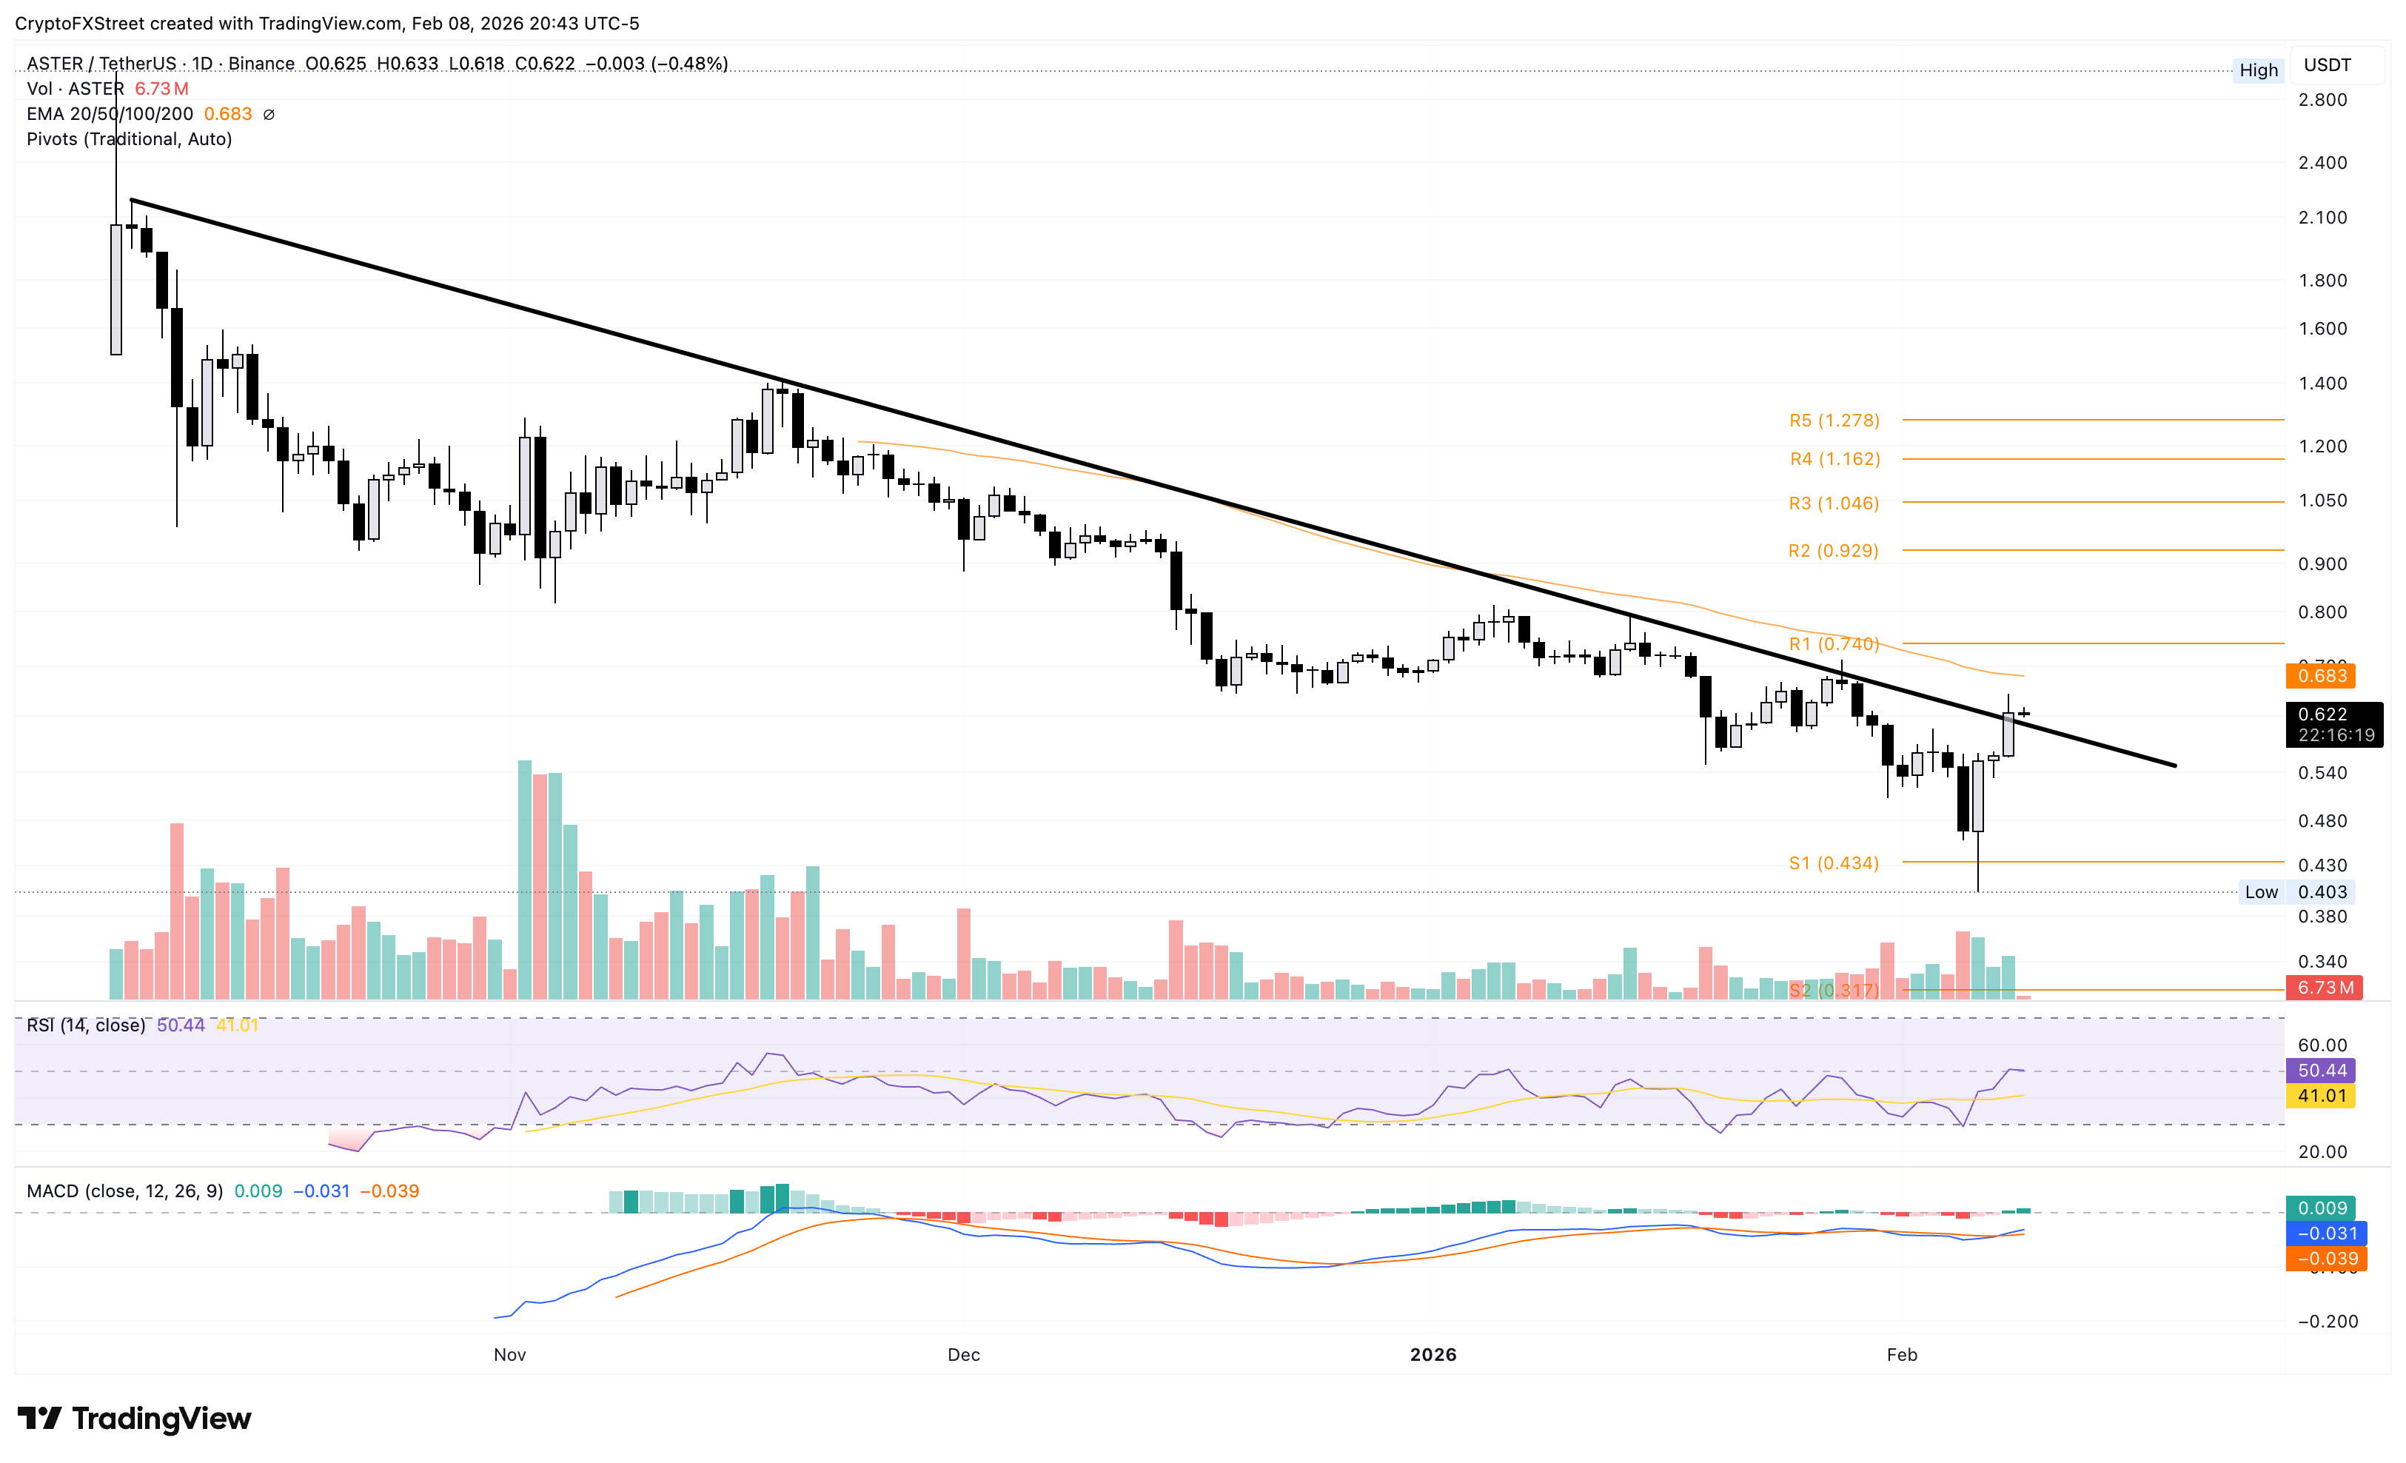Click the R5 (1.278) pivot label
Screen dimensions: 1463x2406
pyautogui.click(x=1833, y=421)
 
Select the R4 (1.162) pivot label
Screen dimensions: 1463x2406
pyautogui.click(x=1834, y=459)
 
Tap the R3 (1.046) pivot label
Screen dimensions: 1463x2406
pyautogui.click(x=1833, y=504)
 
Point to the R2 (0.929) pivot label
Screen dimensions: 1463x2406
pyautogui.click(x=1833, y=551)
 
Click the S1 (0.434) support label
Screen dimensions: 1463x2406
pyautogui.click(x=1833, y=863)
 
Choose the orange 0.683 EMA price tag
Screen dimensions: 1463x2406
pyautogui.click(x=2321, y=676)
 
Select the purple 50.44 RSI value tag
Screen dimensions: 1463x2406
pyautogui.click(x=2321, y=1071)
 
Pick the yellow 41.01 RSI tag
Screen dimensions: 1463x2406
pyautogui.click(x=2321, y=1096)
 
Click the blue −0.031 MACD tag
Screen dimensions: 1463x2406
pyautogui.click(x=2321, y=1233)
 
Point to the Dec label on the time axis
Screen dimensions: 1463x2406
pyautogui.click(x=963, y=1355)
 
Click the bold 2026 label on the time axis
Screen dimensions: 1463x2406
pyautogui.click(x=1432, y=1355)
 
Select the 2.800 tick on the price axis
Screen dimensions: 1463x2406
pyautogui.click(x=2322, y=100)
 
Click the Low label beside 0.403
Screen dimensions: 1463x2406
pyautogui.click(x=2260, y=891)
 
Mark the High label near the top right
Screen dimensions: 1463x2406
pyautogui.click(x=2258, y=70)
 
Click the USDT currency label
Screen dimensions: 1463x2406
pyautogui.click(x=2327, y=65)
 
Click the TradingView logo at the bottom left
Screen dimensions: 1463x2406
pyautogui.click(x=135, y=1418)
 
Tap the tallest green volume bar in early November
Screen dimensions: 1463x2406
pyautogui.click(x=524, y=879)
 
